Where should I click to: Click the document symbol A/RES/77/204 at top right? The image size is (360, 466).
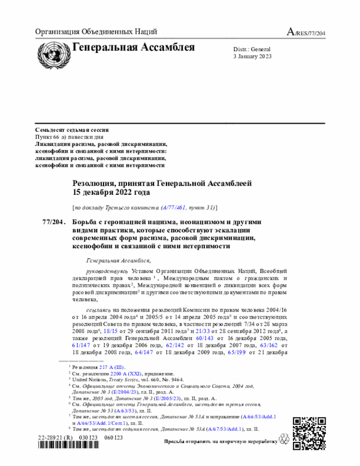(x=307, y=32)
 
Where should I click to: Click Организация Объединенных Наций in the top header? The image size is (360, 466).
(x=96, y=32)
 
